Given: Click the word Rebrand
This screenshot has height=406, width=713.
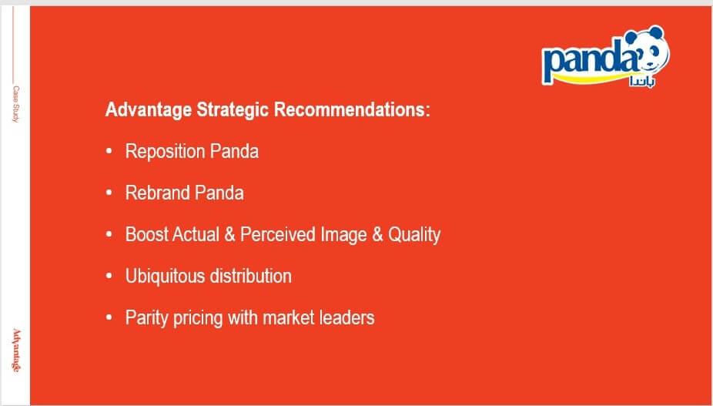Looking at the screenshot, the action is (158, 193).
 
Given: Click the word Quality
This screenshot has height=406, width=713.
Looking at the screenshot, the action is (413, 235).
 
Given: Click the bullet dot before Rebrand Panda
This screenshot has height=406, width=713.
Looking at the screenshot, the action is (109, 193).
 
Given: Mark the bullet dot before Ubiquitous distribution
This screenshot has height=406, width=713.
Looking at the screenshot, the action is (109, 276).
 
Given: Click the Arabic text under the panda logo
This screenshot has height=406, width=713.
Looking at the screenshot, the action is (642, 82).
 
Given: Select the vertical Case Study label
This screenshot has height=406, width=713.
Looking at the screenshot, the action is (15, 104).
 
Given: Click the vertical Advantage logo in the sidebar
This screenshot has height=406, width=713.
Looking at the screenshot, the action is (16, 350).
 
